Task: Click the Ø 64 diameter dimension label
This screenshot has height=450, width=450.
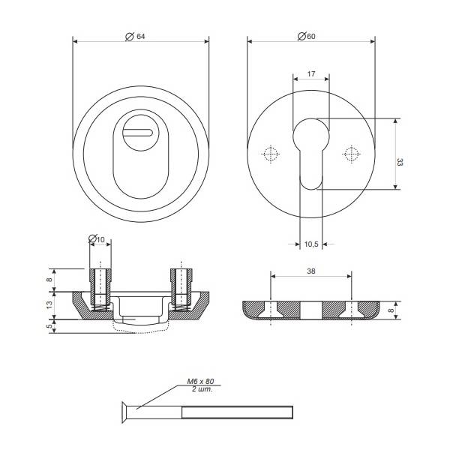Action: click(135, 37)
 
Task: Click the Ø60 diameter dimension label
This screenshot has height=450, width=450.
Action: click(307, 36)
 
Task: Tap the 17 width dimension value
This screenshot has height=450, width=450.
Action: click(311, 73)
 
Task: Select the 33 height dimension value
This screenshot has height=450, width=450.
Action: click(400, 162)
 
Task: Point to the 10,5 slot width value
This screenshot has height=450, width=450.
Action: click(311, 244)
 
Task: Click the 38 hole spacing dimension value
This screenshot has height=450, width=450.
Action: click(311, 271)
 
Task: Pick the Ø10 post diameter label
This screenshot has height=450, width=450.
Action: click(97, 238)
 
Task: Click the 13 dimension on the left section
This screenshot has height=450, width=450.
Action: click(49, 304)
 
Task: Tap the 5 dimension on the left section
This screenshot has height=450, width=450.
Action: click(49, 326)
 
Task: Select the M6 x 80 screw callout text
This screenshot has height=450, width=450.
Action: click(200, 382)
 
